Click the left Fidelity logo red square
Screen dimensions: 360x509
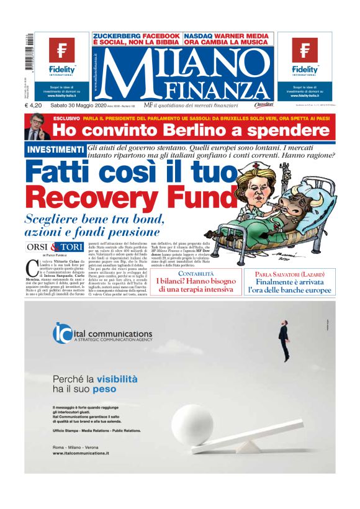click(x=61, y=50)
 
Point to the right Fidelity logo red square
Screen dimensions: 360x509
click(x=305, y=50)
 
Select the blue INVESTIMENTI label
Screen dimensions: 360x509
click(x=56, y=150)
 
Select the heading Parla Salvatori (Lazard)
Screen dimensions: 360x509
click(x=295, y=274)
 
